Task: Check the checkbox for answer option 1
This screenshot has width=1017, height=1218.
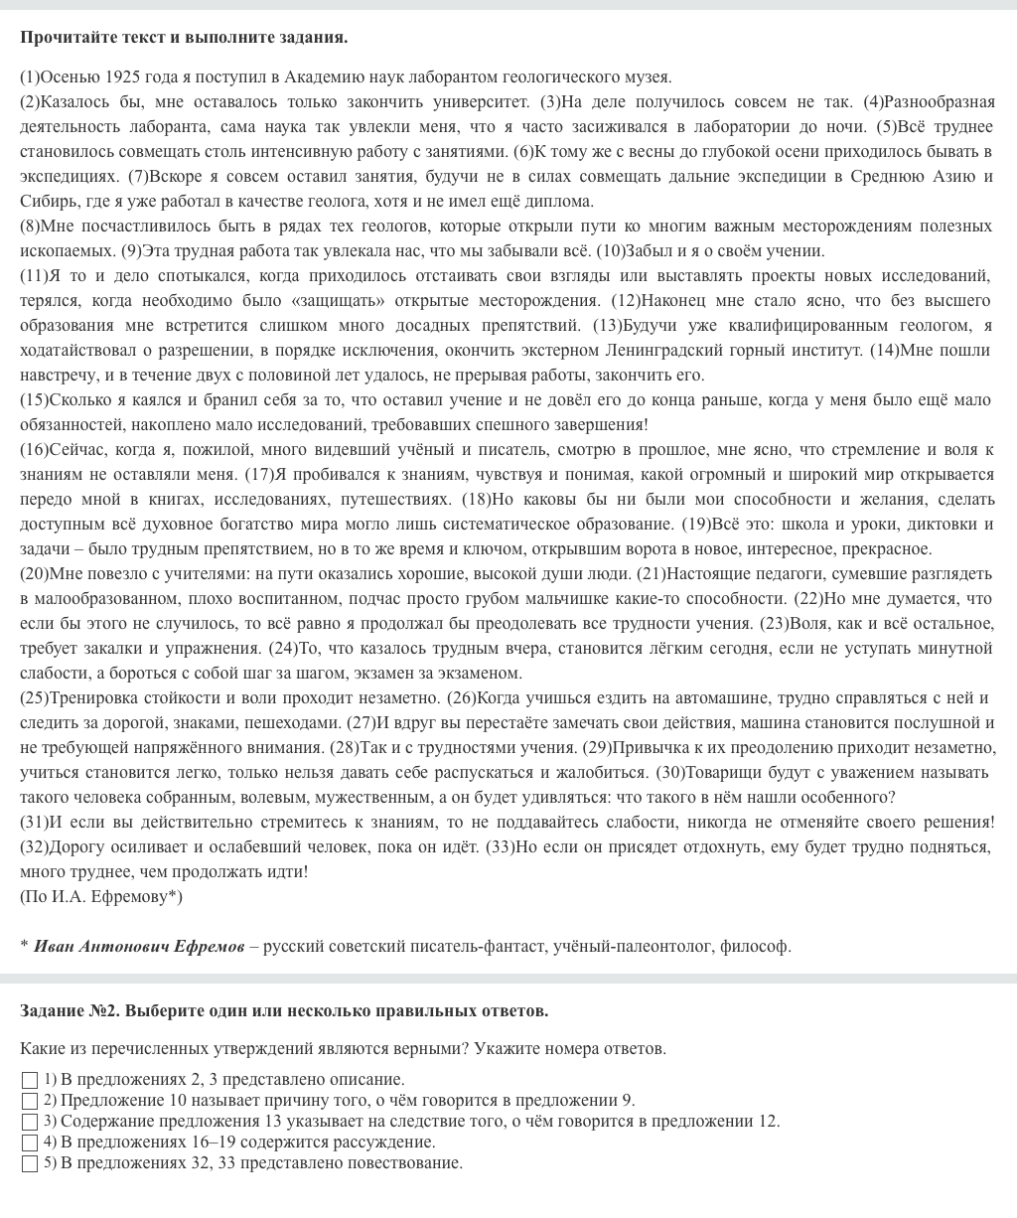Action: pos(30,1080)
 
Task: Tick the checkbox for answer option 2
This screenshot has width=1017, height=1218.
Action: pos(30,1101)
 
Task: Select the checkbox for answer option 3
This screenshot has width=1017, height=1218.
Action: pos(30,1122)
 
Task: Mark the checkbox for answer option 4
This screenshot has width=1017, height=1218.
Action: pos(30,1142)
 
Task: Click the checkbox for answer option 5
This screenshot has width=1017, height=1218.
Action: pos(30,1163)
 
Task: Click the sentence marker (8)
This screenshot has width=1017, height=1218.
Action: pos(32,227)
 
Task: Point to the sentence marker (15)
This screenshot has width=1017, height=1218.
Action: pos(35,400)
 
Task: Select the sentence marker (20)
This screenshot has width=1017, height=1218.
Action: pos(35,574)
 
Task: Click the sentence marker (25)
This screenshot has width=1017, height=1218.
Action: pos(35,698)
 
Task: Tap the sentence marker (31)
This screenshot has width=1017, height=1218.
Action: pos(35,823)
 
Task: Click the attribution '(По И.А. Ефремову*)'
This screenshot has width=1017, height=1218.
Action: pos(101,897)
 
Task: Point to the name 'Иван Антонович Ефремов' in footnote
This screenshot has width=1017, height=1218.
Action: pos(139,947)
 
